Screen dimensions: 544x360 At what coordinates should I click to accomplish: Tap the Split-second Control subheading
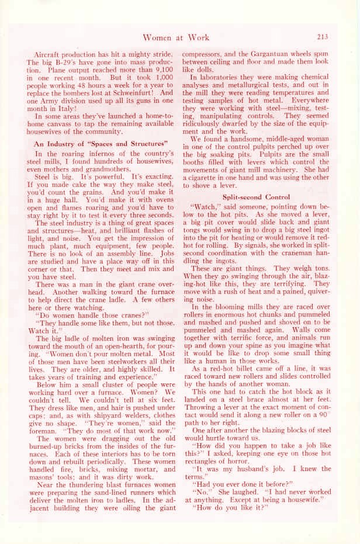click(252, 197)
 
